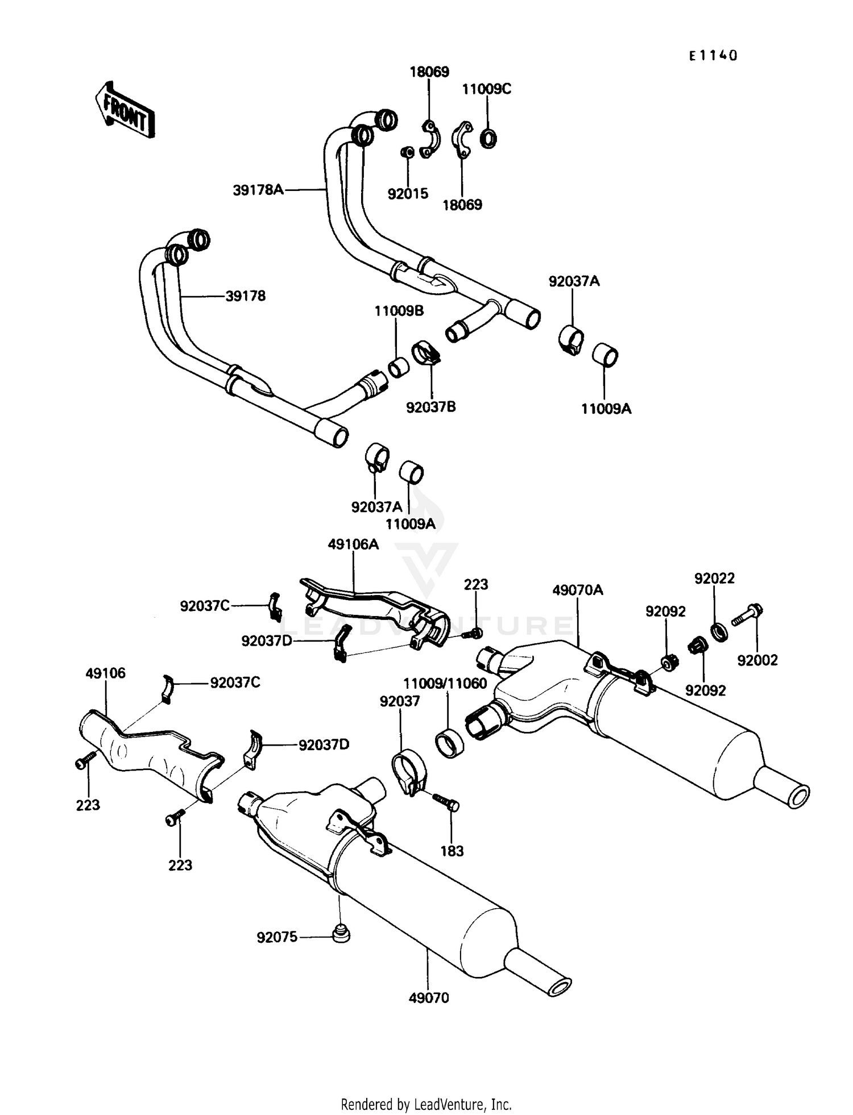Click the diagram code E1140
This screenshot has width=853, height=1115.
pos(713,56)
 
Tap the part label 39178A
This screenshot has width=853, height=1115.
pos(258,190)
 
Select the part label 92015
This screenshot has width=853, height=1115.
pos(408,194)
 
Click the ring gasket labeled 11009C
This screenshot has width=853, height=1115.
pos(488,138)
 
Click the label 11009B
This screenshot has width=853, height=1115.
pos(399,311)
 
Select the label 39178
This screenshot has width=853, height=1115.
pos(245,296)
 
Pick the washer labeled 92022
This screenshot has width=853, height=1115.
pos(720,631)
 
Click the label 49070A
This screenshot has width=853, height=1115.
pos(577,590)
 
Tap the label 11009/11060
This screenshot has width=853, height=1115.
pos(445,683)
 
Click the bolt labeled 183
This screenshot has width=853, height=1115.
pos(446,801)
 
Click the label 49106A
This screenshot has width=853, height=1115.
pos(353,544)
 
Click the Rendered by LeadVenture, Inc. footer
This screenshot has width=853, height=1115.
pos(426,1104)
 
